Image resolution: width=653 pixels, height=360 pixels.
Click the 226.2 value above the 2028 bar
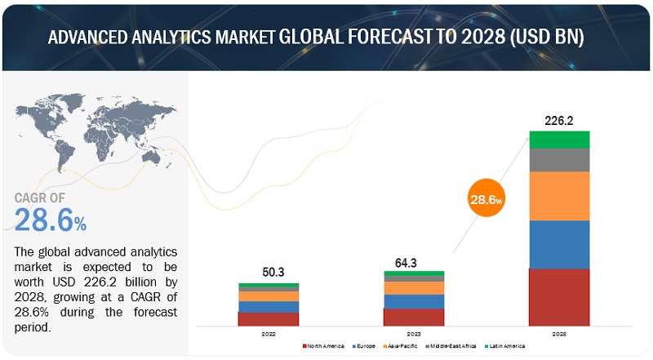(559, 120)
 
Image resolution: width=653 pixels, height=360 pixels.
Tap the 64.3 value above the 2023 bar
(414, 262)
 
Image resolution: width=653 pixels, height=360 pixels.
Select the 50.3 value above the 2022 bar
(269, 273)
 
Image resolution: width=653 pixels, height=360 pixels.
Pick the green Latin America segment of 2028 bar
(559, 140)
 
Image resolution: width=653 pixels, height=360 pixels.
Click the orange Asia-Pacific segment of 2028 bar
(559, 196)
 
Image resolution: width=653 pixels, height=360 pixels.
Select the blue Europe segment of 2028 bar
(559, 244)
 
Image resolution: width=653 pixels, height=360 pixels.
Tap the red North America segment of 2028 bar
(559, 297)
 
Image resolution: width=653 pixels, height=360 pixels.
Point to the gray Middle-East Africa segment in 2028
(559, 160)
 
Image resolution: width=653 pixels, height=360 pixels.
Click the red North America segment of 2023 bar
(414, 317)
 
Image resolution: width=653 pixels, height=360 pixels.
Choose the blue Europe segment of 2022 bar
(269, 307)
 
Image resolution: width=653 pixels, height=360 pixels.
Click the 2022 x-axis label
(269, 334)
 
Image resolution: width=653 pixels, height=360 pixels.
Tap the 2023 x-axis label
(414, 334)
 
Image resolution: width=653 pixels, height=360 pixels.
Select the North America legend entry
(326, 347)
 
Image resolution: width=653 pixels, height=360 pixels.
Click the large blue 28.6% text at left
(51, 219)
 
